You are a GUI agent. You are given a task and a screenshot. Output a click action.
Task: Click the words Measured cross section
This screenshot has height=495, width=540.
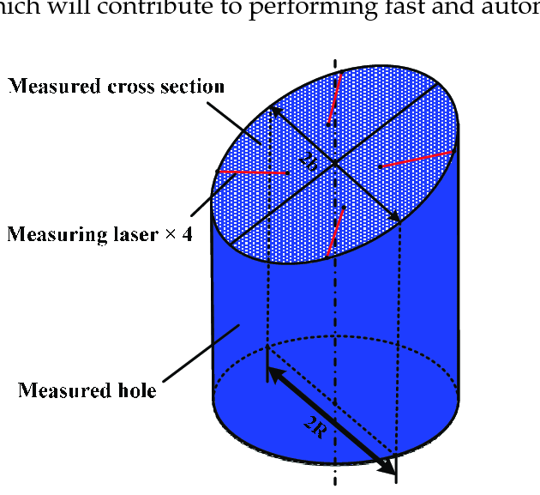(x=116, y=87)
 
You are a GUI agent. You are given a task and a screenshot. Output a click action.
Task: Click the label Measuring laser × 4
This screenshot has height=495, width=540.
(x=99, y=233)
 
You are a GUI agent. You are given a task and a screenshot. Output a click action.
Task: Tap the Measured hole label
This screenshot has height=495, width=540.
(x=87, y=391)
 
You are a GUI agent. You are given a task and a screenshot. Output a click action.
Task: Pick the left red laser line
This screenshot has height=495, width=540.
(x=252, y=172)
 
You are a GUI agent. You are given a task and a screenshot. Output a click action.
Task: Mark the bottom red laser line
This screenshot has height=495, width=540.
(x=335, y=232)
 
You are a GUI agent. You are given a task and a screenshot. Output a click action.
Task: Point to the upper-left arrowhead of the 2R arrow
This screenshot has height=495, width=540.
(x=273, y=373)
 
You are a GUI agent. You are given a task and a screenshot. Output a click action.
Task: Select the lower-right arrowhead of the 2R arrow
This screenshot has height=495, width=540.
(x=391, y=468)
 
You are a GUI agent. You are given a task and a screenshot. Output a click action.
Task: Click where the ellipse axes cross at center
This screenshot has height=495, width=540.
(x=334, y=162)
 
